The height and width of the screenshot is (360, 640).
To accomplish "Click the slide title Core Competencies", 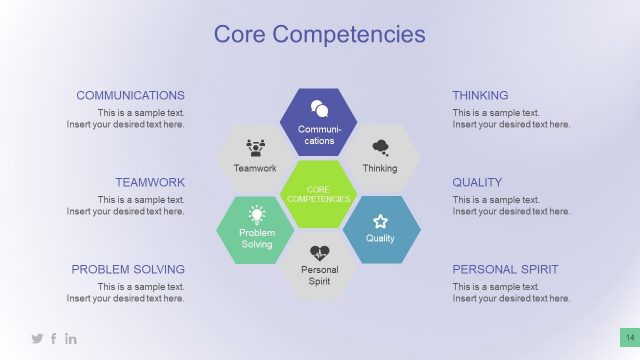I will (320, 34).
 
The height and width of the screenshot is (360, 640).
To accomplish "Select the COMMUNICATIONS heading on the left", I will (130, 95).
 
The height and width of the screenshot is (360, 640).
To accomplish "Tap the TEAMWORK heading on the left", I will (150, 182).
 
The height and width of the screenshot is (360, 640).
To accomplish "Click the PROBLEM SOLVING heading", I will (128, 269).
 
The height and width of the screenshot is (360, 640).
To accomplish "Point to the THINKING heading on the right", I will (480, 95).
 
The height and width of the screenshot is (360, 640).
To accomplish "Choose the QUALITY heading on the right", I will (477, 182).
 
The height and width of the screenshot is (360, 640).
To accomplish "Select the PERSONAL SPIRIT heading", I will (505, 269).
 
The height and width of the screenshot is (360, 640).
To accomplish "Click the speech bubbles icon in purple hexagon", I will (319, 108).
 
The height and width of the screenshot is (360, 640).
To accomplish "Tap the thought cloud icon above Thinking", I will (380, 148).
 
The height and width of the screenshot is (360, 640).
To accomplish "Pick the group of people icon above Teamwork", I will (255, 147).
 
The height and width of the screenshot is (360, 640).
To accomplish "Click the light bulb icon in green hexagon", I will (257, 213).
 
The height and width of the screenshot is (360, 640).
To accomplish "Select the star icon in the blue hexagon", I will (380, 220).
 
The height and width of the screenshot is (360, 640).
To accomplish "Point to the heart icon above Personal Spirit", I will (319, 253).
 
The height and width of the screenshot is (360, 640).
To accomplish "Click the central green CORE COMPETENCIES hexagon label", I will (318, 194).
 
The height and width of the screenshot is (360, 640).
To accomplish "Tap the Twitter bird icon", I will (37, 339).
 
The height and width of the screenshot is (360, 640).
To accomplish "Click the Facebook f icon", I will (54, 339).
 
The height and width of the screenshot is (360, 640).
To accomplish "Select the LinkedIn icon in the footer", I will (71, 339).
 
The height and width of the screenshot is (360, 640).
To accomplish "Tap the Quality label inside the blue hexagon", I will (380, 238).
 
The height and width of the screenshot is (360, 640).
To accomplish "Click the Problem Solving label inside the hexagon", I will (256, 238).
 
